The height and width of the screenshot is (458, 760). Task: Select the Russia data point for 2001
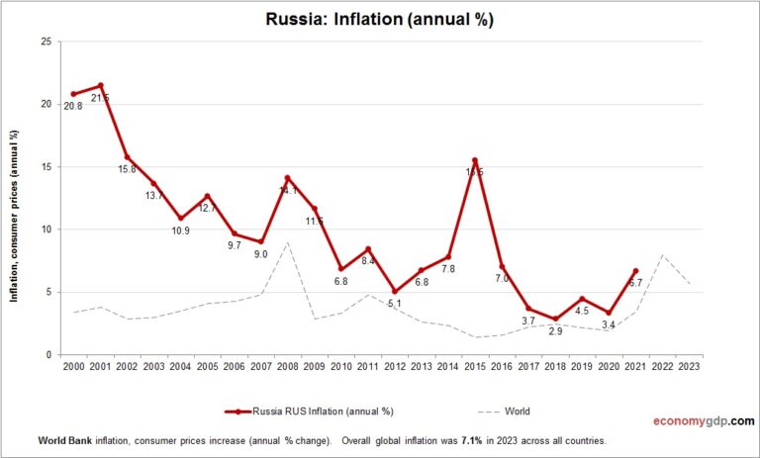tap(100, 85)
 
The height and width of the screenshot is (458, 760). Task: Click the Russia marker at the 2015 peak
tap(475, 160)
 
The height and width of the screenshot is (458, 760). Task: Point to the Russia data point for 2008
tap(287, 178)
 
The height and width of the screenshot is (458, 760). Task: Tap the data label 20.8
tap(73, 105)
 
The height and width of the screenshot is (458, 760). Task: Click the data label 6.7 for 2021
tap(635, 283)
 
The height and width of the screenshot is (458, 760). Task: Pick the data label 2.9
tap(555, 330)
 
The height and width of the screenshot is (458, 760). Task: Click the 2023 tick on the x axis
tap(689, 366)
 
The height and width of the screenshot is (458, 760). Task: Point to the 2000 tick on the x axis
tap(73, 366)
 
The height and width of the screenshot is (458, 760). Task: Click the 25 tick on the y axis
tap(47, 42)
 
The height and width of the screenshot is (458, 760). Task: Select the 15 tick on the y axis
tap(47, 167)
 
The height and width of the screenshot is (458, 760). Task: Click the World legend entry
tap(508, 411)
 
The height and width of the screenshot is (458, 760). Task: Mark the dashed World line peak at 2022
tap(662, 254)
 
